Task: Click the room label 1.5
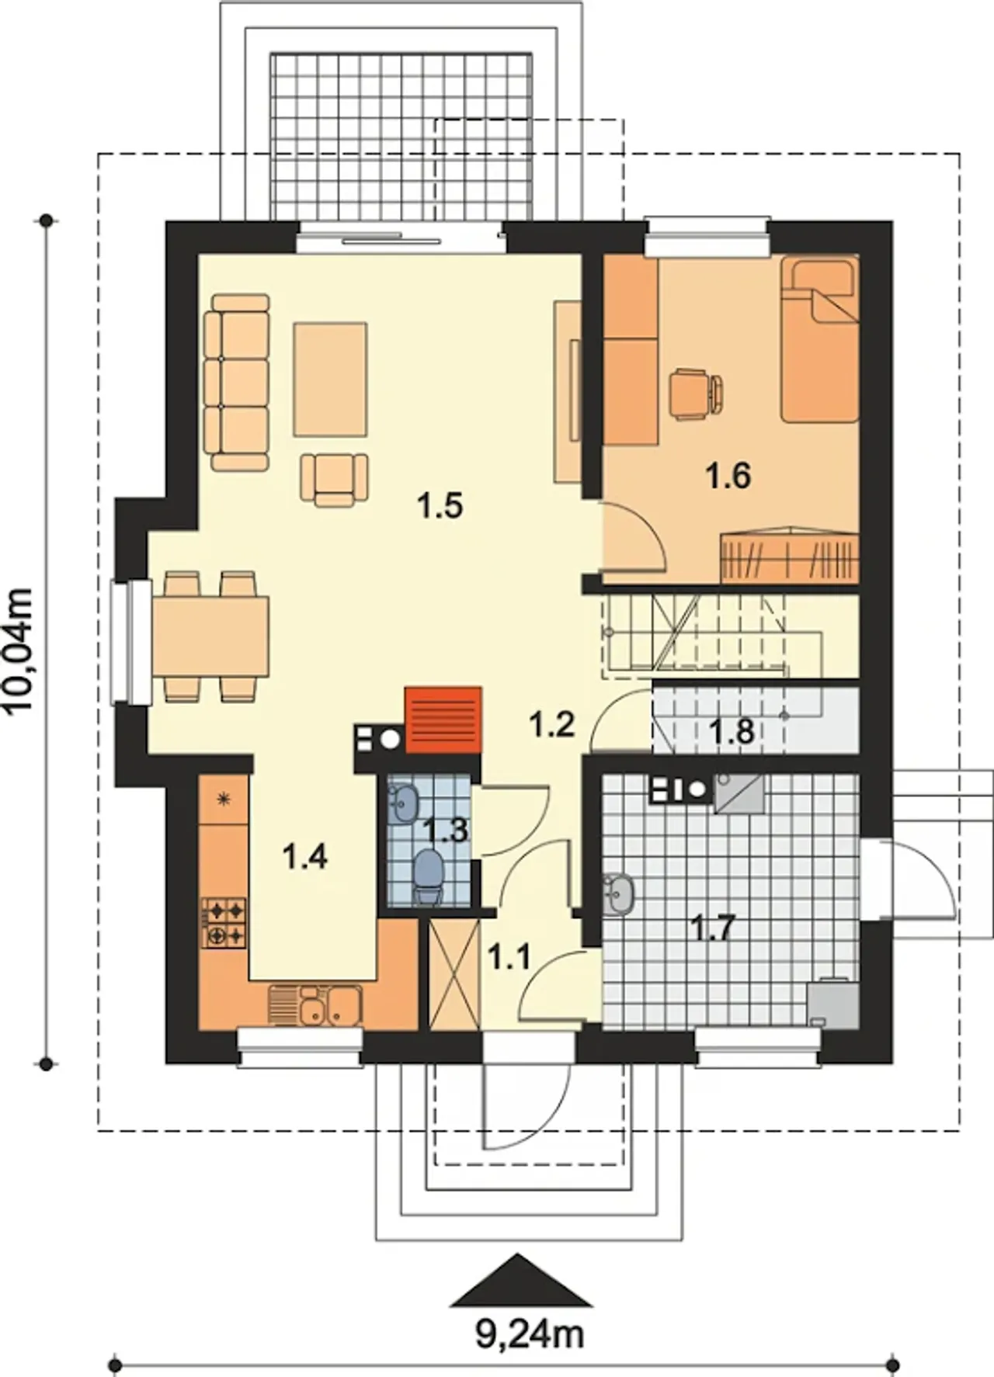click(x=440, y=505)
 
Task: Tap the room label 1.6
click(x=728, y=474)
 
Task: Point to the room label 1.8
click(x=732, y=730)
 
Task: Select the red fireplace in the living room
click(x=443, y=720)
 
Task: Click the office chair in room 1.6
click(x=696, y=394)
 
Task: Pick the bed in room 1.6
click(x=819, y=340)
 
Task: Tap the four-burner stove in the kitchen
click(x=224, y=922)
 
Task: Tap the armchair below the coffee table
click(x=335, y=480)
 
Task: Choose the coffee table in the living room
click(x=330, y=380)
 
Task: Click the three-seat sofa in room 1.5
click(x=237, y=382)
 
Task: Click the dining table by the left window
click(x=210, y=636)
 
